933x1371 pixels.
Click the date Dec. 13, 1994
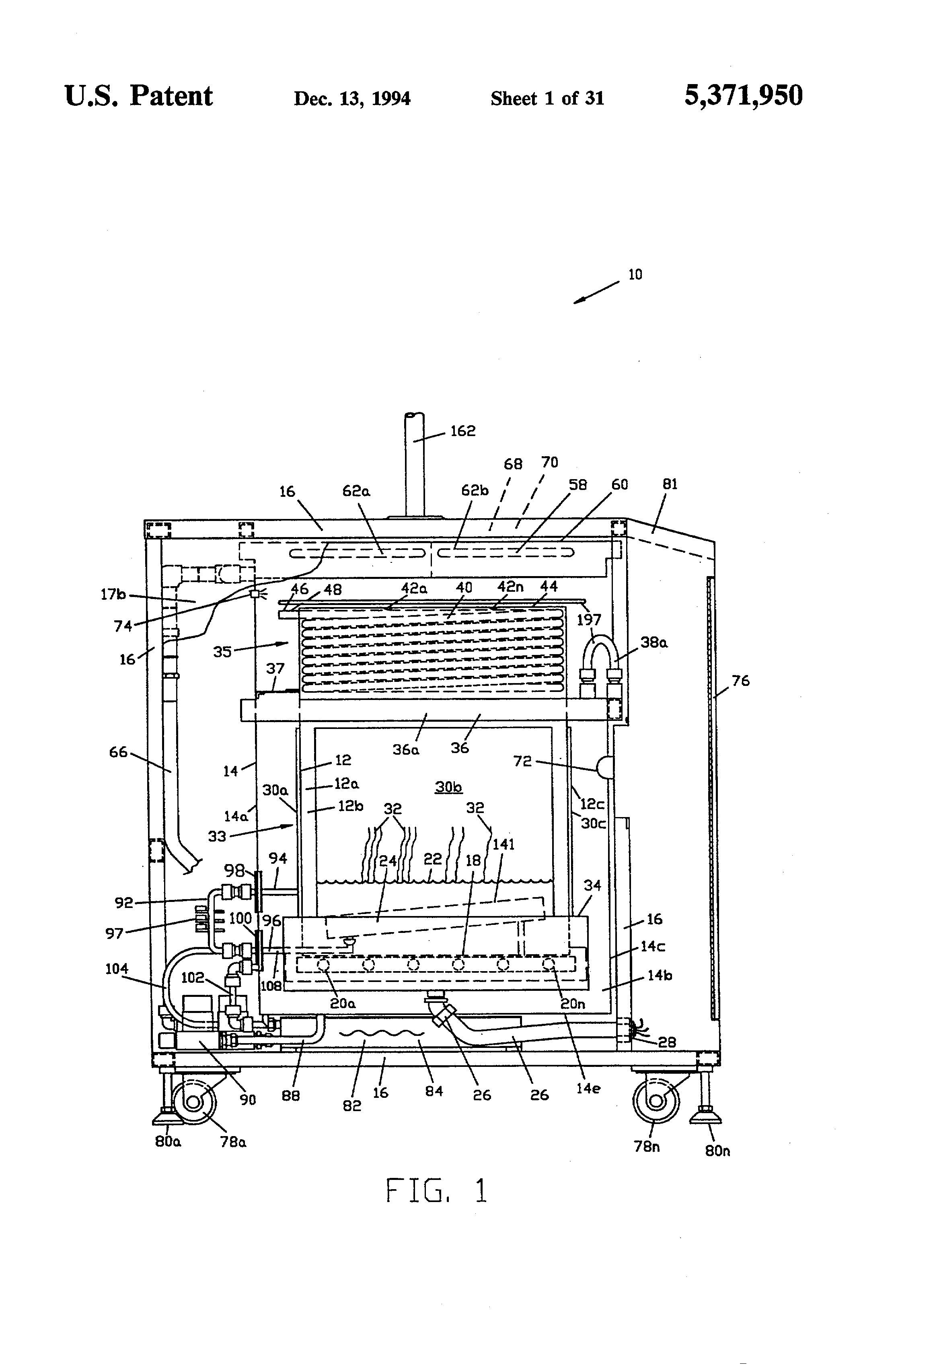coord(352,99)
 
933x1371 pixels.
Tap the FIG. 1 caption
coord(436,1190)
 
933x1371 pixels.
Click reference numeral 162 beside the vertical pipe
coord(462,431)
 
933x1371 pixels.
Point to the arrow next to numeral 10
coord(596,292)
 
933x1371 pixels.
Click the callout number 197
coord(589,620)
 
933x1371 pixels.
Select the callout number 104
coord(116,969)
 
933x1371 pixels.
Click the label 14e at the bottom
coord(588,1089)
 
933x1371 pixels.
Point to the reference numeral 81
coord(670,484)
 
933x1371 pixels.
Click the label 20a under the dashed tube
coord(342,1003)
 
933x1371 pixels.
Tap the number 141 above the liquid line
coord(503,844)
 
